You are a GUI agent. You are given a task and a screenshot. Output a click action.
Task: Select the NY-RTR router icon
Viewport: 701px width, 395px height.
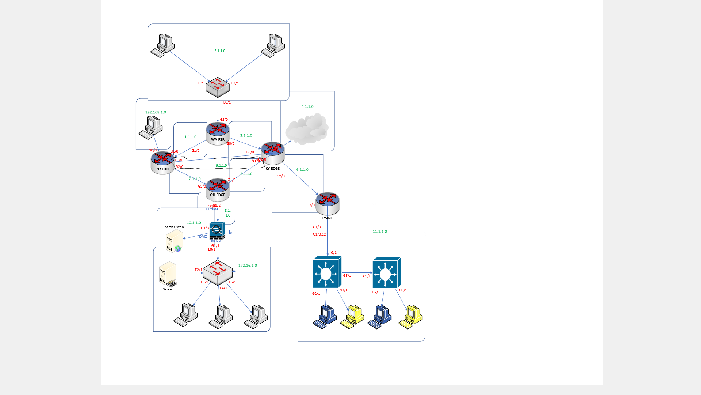pos(162,162)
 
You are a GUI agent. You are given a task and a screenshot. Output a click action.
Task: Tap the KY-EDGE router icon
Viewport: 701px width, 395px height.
pos(272,153)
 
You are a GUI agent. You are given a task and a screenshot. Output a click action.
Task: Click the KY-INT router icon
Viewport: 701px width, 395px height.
pos(327,203)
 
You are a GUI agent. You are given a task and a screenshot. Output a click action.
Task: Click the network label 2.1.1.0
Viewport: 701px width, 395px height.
pos(220,51)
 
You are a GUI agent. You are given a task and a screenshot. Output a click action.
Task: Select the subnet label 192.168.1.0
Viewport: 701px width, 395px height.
pos(156,112)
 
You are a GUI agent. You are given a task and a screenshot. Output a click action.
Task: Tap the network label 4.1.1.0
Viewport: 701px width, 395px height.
pos(307,107)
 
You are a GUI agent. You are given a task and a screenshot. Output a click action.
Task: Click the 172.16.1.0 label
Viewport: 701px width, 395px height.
pos(248,266)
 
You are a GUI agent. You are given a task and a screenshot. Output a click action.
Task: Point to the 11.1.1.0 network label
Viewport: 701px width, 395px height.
pos(380,232)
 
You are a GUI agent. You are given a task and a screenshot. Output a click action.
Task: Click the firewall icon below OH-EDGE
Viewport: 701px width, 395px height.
pos(217,230)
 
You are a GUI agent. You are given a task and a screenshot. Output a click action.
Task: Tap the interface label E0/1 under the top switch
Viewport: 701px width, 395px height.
pos(227,102)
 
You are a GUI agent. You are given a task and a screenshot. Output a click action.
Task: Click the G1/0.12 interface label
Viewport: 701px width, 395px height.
pos(319,234)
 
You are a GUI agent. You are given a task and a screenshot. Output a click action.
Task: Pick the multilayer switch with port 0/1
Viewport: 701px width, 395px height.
pos(327,272)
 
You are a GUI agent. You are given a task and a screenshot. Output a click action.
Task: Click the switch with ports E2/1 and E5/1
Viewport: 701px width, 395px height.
pos(218,272)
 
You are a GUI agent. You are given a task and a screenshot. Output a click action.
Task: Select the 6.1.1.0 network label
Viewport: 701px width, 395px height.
pos(302,170)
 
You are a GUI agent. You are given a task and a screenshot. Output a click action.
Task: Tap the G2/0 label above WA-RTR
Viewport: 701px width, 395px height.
pos(224,120)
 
